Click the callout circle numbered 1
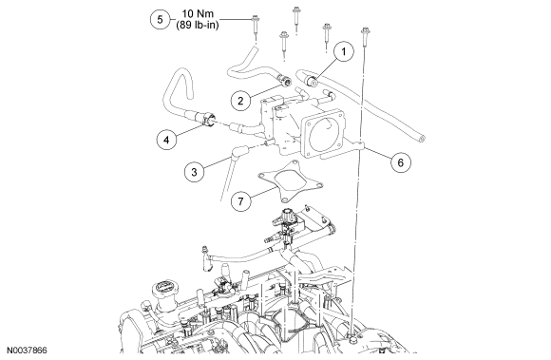pos(343,51)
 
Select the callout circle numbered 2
pos(240,101)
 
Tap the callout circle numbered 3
pos(195,172)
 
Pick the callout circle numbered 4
pos(166,140)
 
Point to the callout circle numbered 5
pos(160,19)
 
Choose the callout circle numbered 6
pos(401,162)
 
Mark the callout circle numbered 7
pos(240,201)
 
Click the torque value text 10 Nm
pos(198,13)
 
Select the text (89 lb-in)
pos(198,25)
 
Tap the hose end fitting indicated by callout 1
pos(312,81)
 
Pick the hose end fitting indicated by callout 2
pos(285,81)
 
